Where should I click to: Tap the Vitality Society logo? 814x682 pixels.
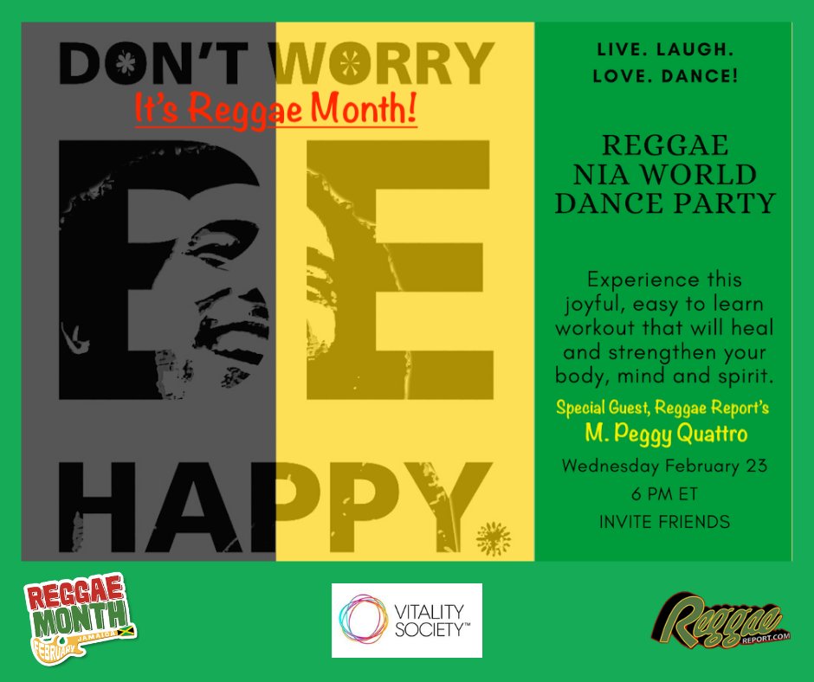pos(407,621)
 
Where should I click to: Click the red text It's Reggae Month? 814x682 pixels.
pos(275,110)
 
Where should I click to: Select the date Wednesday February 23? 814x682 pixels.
pos(664,466)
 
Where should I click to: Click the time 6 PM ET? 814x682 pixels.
pos(664,494)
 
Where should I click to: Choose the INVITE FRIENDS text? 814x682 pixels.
pos(664,522)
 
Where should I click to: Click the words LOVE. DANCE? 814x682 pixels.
pos(664,77)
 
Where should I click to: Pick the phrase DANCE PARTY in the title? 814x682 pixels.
pos(664,204)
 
